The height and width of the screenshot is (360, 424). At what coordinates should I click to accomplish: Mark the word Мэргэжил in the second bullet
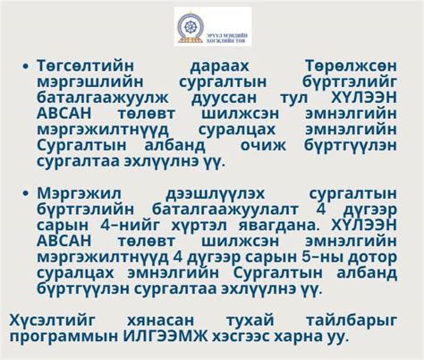pyautogui.click(x=79, y=193)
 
